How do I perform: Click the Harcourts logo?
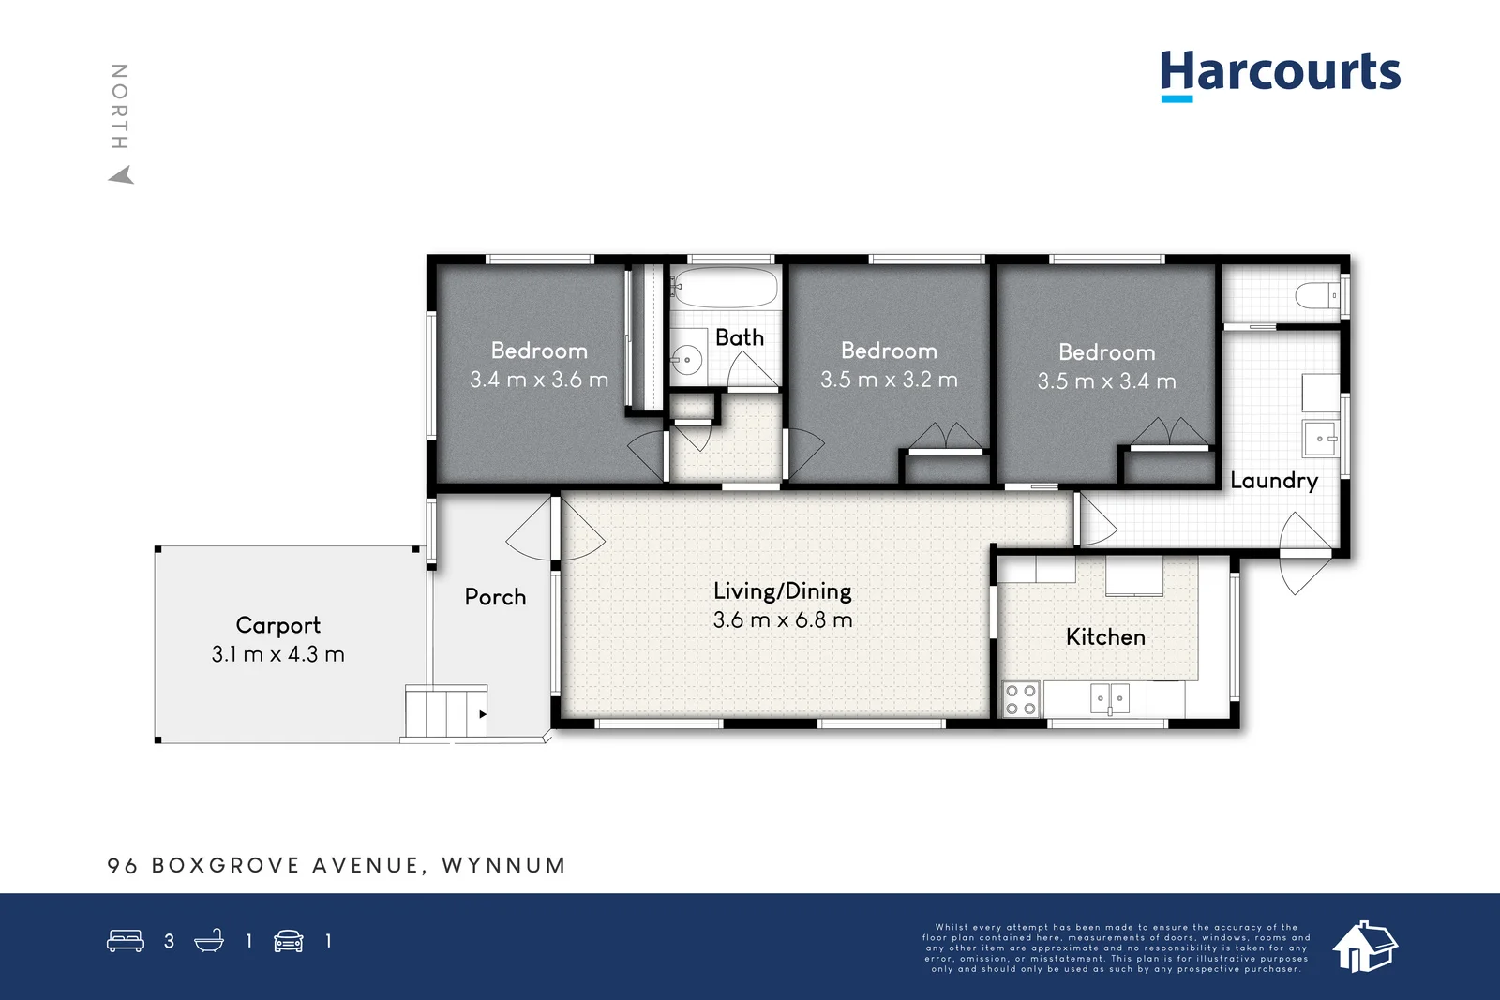(x=1280, y=73)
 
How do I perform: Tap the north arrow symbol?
(x=121, y=175)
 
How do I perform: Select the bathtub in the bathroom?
(x=725, y=287)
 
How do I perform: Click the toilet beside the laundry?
(x=1318, y=296)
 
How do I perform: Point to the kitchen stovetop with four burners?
(x=1020, y=699)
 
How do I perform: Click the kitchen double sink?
(x=1110, y=698)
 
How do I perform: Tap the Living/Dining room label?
(x=782, y=591)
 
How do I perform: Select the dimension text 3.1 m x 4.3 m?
(x=277, y=654)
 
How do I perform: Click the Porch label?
(x=495, y=597)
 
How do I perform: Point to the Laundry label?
(x=1273, y=481)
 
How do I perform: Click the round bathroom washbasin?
(x=687, y=359)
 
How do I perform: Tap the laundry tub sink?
(x=1320, y=438)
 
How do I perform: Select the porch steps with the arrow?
(x=446, y=712)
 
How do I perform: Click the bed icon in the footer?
(x=126, y=941)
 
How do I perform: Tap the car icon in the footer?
(x=288, y=941)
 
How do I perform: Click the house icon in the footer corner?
(x=1364, y=946)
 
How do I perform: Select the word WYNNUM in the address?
(x=503, y=865)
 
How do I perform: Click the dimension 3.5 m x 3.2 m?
(x=889, y=380)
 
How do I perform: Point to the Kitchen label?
(x=1105, y=637)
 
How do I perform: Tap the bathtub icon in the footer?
(x=209, y=941)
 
